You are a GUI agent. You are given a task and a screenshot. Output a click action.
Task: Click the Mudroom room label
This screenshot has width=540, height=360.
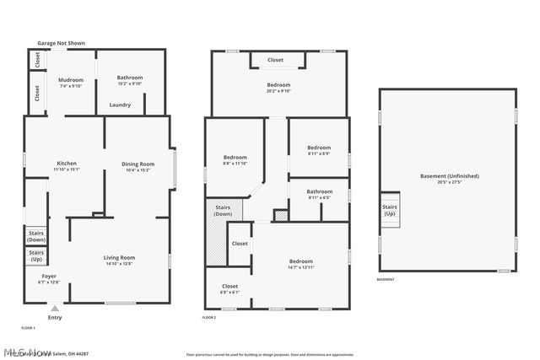coord(70,83)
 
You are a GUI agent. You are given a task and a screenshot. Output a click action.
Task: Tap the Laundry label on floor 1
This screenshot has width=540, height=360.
coord(120,105)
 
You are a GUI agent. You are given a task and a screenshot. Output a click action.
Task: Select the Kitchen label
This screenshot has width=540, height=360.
coord(66,166)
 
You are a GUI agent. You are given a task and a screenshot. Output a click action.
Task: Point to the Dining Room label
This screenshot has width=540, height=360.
coord(138,167)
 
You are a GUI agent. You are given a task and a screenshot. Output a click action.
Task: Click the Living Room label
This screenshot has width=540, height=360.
coord(119,261)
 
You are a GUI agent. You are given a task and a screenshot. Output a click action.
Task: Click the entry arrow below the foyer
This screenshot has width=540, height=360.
coord(55,308)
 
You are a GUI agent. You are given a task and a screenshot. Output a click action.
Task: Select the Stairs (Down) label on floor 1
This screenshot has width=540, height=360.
coord(36,238)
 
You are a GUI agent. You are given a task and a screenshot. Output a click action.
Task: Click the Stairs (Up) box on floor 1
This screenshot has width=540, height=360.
coord(36,255)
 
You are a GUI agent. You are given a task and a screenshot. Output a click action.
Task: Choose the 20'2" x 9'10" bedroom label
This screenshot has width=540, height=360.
coord(278,88)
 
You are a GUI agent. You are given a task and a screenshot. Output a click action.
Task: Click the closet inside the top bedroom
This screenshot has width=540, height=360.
coord(276,61)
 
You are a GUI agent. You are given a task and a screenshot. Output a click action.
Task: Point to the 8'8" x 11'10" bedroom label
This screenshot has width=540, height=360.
coord(235,160)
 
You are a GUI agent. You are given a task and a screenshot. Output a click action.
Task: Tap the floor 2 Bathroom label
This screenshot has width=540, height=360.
coord(319,194)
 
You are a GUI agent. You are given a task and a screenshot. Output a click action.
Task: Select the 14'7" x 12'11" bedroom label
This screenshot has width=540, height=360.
coord(301,264)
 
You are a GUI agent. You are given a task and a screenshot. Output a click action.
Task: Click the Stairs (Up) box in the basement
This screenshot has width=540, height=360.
coord(390,210)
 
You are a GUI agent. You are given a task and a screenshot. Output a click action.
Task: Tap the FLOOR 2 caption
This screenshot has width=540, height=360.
coord(209,318)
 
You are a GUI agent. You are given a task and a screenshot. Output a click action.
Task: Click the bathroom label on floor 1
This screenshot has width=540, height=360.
coord(130,80)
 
